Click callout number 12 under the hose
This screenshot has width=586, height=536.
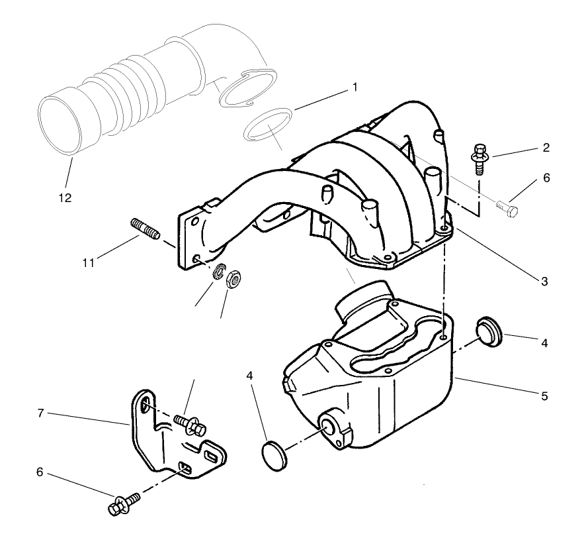pos(65,197)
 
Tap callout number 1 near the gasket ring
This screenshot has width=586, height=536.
pos(355,87)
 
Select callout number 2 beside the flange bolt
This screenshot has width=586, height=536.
pos(546,147)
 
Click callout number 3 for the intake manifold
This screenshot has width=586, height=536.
pos(544,282)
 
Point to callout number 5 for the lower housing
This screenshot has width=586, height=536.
pos(544,397)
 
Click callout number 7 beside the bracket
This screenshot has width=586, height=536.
pos(41,413)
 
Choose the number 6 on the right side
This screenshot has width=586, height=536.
pos(546,178)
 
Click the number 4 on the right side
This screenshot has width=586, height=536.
pos(544,343)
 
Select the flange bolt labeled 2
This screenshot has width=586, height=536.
pos(479,157)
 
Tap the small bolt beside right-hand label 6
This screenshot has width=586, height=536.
pos(508,208)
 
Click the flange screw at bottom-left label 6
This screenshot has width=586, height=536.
pos(124,504)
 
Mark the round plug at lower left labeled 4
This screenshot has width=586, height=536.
pos(274,456)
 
